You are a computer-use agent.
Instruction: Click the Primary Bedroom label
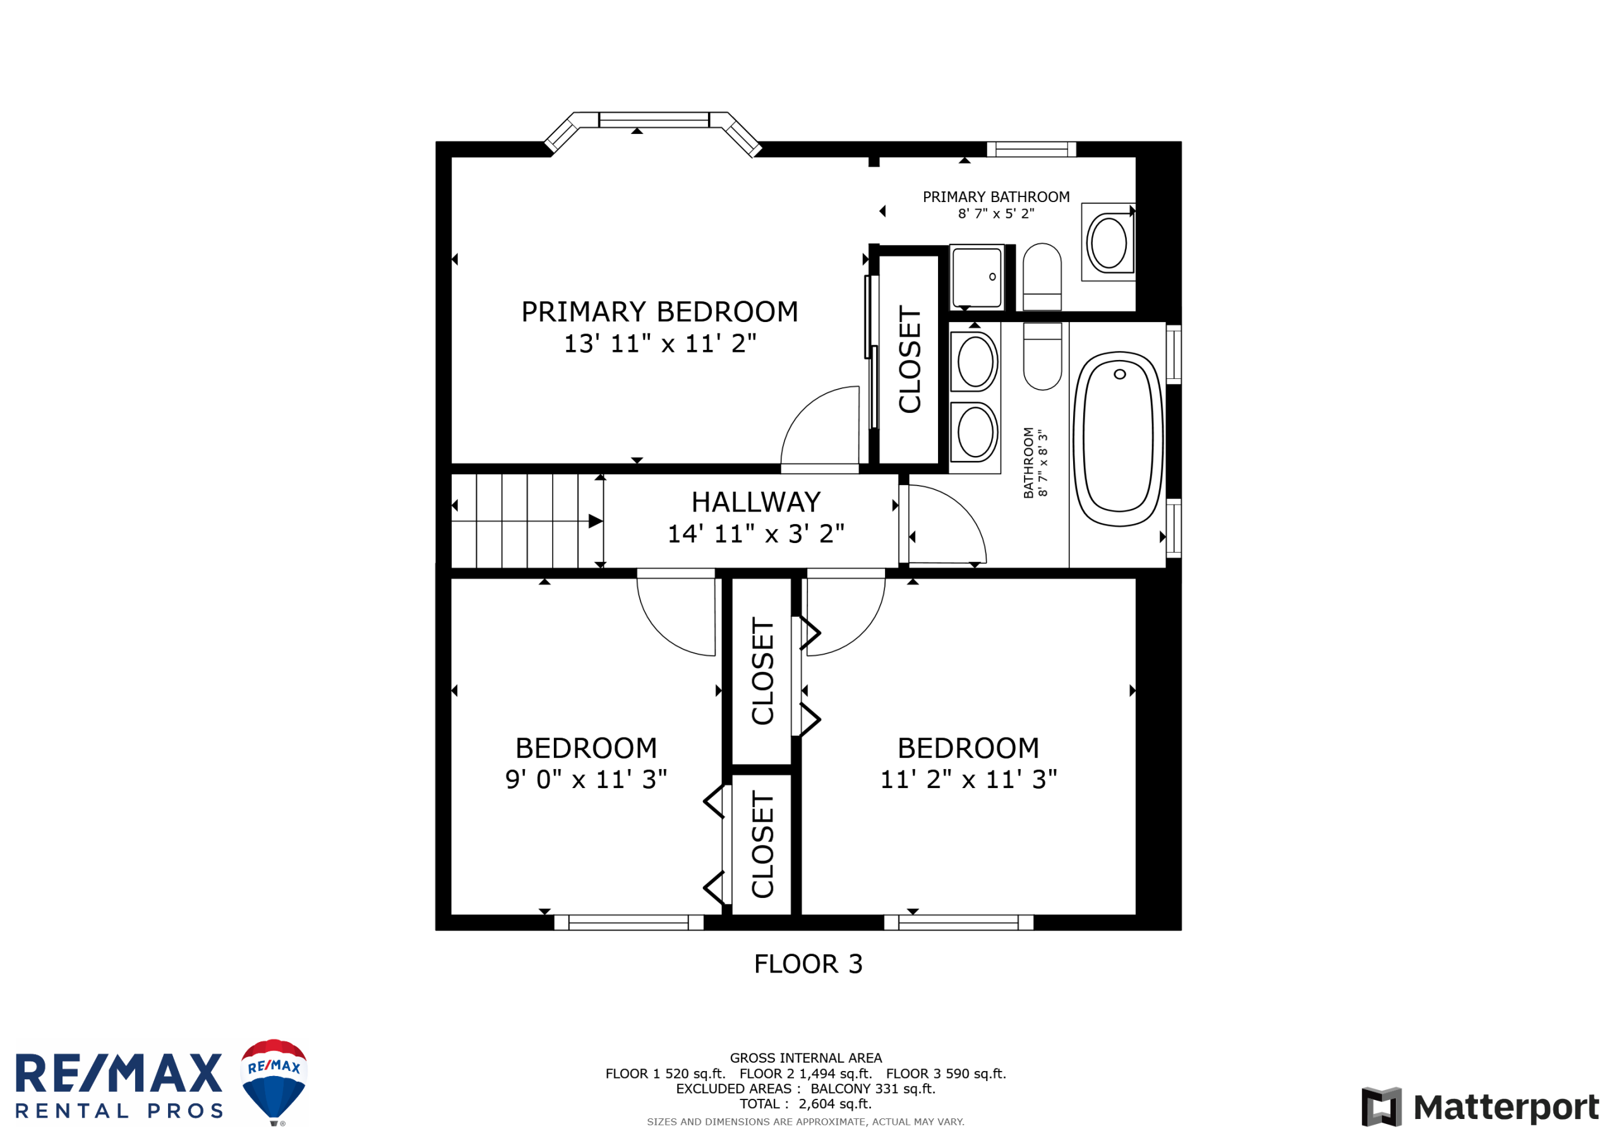(x=660, y=312)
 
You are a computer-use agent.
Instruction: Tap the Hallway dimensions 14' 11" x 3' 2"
(x=755, y=534)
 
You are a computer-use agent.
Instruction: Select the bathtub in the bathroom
(x=1119, y=439)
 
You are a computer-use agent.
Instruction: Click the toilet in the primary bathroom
(x=1042, y=277)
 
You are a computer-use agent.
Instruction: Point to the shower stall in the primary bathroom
(x=977, y=277)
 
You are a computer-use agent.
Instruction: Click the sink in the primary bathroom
(x=1109, y=242)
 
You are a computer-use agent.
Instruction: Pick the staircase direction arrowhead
(x=596, y=521)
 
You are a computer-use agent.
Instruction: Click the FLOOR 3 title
(x=808, y=964)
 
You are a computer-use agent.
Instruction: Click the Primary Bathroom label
(x=996, y=197)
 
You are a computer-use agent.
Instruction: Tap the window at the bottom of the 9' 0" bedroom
(x=629, y=923)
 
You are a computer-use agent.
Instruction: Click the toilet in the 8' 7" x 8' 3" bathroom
(x=1042, y=356)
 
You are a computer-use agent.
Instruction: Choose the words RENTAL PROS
(x=119, y=1111)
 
